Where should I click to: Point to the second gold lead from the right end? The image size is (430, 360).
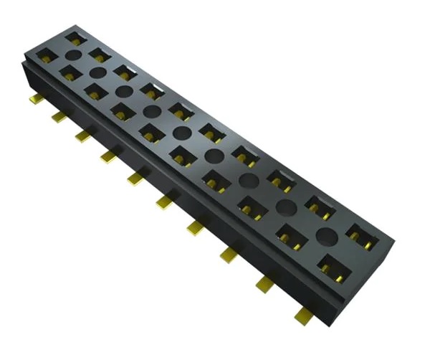264,282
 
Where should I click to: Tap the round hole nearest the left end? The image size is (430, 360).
72,55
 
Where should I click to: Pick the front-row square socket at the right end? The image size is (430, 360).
333,267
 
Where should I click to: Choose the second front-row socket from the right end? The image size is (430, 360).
292,237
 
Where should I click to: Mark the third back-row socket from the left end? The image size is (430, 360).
125,71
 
